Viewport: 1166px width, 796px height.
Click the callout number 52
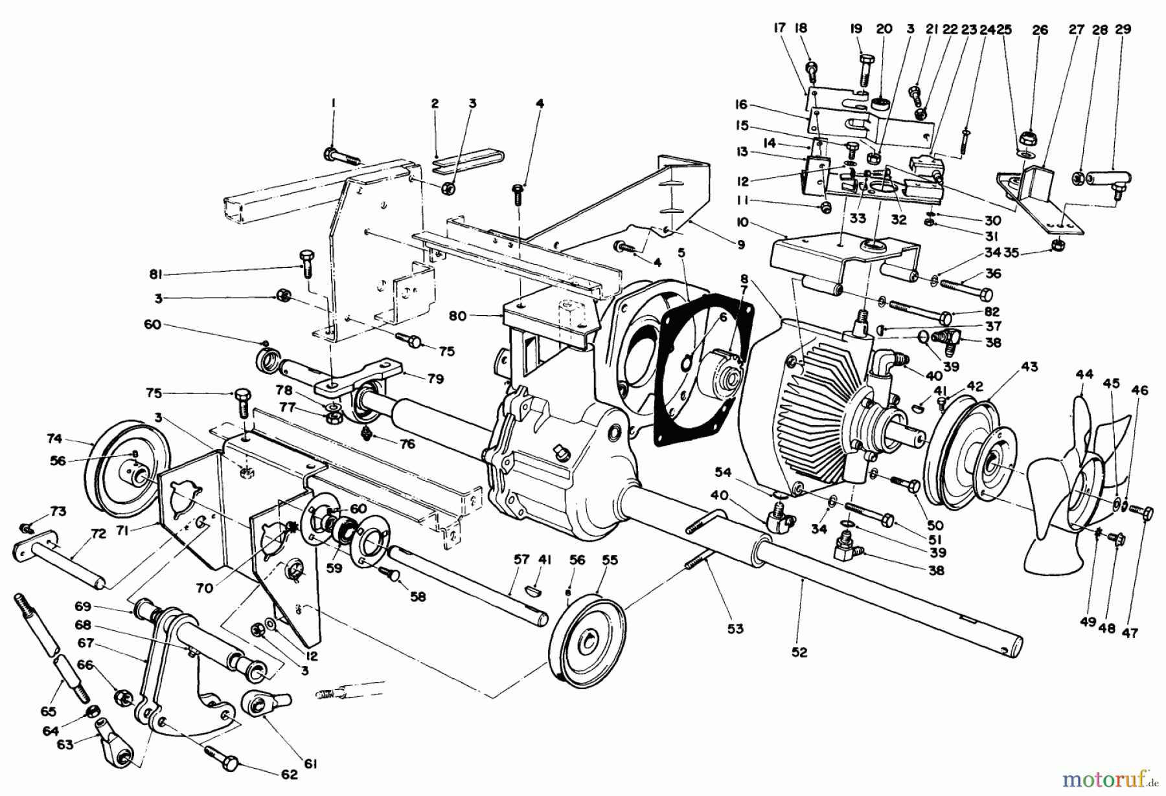[799, 652]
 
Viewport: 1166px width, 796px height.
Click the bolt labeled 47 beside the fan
[1142, 512]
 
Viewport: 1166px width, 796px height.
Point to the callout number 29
[1123, 29]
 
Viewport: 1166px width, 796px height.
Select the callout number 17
[779, 28]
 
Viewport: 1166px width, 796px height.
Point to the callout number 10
[742, 222]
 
